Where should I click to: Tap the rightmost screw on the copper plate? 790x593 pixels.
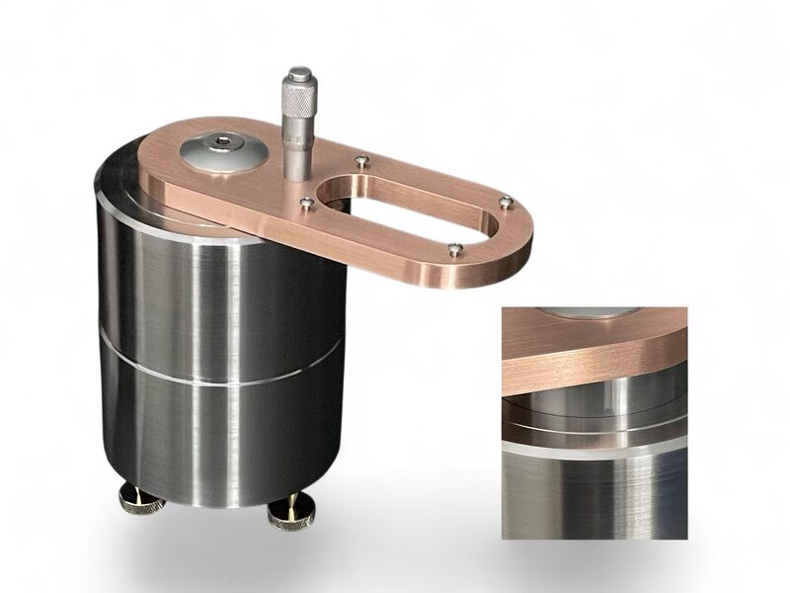(x=506, y=202)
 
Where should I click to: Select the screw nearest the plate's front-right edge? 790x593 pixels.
(x=453, y=249)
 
